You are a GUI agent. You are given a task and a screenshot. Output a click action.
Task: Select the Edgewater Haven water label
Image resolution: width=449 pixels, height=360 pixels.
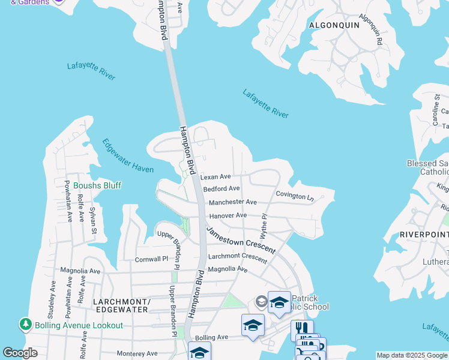[x=128, y=157]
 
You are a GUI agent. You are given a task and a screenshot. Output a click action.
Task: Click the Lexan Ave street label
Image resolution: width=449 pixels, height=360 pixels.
[x=215, y=177]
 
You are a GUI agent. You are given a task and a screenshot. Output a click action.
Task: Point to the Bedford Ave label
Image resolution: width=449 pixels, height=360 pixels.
[x=221, y=189]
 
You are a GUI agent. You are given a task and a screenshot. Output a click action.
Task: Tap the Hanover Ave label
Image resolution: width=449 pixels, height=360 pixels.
[x=228, y=215]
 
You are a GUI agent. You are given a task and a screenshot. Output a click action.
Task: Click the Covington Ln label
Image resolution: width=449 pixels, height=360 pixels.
[x=294, y=196]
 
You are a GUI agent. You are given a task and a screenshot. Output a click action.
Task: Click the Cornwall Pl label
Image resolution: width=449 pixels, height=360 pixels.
[x=151, y=259]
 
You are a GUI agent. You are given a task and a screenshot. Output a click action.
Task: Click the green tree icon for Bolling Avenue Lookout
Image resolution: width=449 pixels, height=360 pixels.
[x=25, y=325]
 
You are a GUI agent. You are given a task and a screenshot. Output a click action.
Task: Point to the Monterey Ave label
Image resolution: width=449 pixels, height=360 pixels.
[x=137, y=354]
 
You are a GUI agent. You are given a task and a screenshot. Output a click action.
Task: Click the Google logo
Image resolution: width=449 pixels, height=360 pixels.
[x=20, y=353]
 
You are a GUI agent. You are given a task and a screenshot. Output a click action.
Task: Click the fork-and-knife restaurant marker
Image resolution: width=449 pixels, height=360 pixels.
[x=302, y=329]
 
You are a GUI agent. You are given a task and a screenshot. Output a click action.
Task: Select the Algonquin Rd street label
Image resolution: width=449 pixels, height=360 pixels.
[x=371, y=31]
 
